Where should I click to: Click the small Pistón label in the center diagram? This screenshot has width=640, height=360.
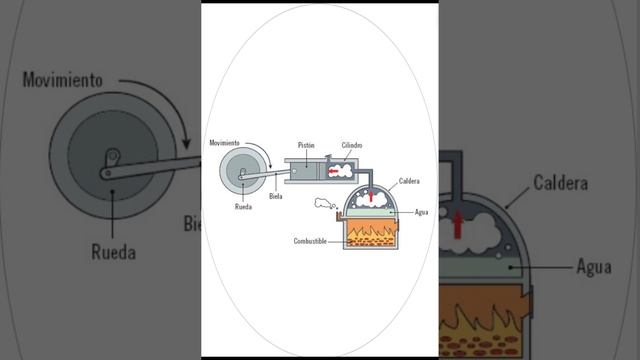point(306,145)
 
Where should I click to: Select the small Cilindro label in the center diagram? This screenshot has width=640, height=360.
point(352,145)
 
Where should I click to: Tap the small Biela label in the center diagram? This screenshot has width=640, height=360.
point(276,196)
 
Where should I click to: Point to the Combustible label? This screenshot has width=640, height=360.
point(310,241)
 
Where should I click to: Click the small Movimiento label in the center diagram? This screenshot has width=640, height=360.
point(224,143)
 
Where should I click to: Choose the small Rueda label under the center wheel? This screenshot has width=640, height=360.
point(243,207)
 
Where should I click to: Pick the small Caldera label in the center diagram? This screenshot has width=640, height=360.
point(409,181)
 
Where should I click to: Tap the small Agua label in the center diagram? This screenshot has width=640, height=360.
point(422,212)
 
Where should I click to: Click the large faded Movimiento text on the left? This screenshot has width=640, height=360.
point(62,80)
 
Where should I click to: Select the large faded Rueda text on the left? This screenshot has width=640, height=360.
point(113,252)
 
